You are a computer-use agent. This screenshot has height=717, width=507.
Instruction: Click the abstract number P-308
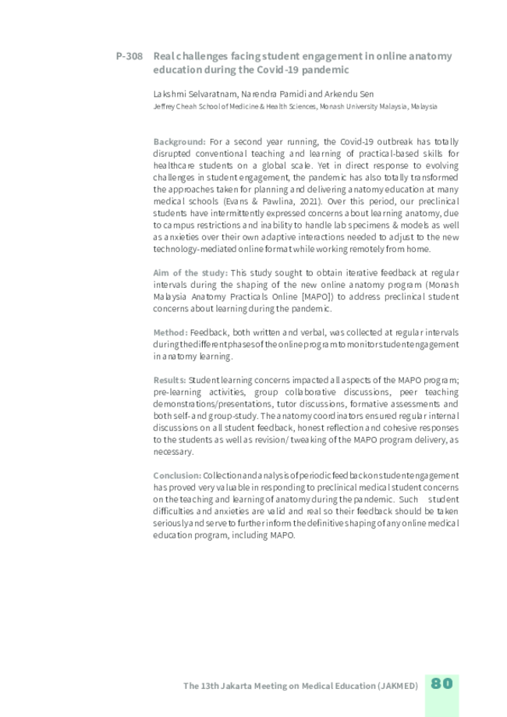point(128,56)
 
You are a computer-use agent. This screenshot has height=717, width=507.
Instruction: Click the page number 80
point(441,683)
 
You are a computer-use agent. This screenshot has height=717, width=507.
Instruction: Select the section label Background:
point(179,142)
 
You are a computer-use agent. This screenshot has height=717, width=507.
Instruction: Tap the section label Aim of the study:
point(190,272)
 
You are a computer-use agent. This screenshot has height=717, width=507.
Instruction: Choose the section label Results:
point(170,380)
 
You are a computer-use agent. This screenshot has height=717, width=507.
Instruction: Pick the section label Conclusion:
point(177,475)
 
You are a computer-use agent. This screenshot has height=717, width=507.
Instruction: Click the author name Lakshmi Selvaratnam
point(185,94)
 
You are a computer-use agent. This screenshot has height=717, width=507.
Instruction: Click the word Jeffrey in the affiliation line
point(166,106)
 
